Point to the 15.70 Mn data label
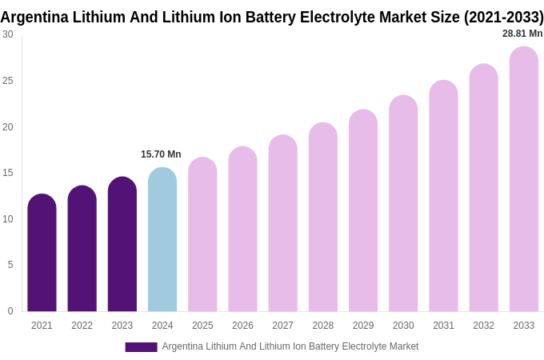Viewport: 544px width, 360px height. pos(161,154)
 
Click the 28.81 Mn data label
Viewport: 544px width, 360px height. pos(522,34)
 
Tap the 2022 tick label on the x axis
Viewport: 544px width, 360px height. pos(82,326)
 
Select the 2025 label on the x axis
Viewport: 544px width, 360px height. pos(202,326)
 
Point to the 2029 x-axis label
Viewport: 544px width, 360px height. pos(363,326)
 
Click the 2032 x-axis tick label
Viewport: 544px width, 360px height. pos(483,326)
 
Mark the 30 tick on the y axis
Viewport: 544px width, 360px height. pos(8,34)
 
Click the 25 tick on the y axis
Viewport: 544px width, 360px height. pos(8,81)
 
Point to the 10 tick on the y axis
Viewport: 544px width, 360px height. pos(8,219)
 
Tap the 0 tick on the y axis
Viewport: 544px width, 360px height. pos(10,311)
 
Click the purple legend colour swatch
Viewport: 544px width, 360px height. pos(141,347)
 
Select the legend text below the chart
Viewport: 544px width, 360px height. pos(290,346)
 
